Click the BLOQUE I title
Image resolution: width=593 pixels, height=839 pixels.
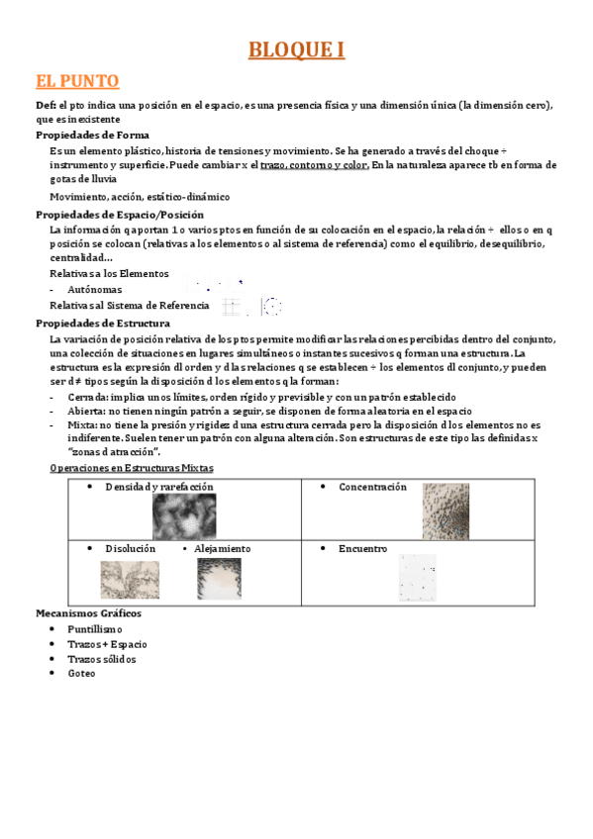[x=296, y=50]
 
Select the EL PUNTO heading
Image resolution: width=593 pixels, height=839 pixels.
[x=77, y=81]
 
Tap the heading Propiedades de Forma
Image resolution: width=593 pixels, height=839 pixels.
[x=92, y=135]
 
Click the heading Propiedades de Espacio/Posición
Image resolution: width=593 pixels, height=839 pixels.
[x=119, y=215]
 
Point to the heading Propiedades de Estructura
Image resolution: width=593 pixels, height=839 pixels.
[x=102, y=323]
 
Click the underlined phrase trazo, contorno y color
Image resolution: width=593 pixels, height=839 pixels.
[x=315, y=165]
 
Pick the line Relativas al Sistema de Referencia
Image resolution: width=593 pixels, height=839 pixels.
[x=129, y=306]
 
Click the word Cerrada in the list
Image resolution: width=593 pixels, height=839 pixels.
[x=76, y=397]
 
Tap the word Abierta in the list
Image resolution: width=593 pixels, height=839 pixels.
[x=75, y=410]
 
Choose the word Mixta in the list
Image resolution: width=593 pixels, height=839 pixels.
[x=72, y=423]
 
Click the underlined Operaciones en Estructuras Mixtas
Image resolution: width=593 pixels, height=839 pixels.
[x=131, y=468]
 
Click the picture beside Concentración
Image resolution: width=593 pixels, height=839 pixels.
[x=445, y=512]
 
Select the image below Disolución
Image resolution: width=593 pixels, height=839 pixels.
[x=129, y=580]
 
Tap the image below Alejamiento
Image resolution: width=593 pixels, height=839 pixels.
[x=219, y=579]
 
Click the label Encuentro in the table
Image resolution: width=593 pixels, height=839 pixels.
[x=362, y=549]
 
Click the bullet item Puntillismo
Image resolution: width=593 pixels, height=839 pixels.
[x=95, y=629]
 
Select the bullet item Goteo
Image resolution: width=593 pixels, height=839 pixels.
[x=81, y=674]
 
